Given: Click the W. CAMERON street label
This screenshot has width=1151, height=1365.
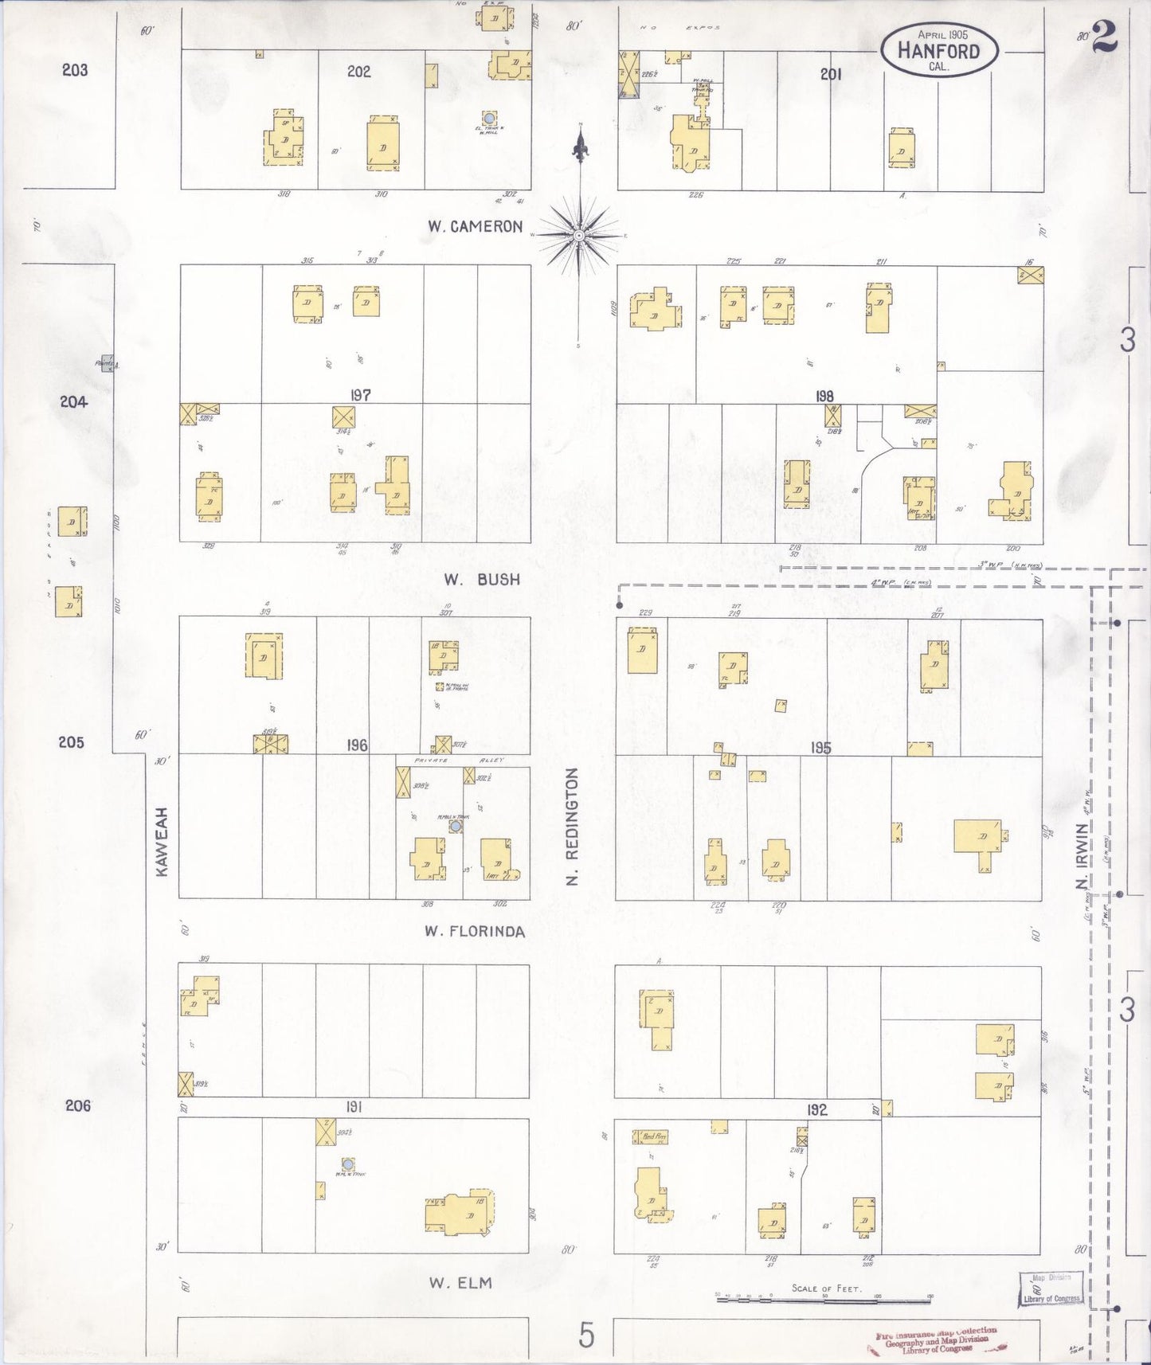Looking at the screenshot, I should point(475,226).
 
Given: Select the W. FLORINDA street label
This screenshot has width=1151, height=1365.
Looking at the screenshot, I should point(475,931).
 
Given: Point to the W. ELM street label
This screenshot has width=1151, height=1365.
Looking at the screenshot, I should point(460,1282).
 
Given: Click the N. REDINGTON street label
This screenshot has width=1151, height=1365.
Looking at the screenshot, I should point(571,826).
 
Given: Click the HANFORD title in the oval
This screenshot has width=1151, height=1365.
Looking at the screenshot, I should point(938,51).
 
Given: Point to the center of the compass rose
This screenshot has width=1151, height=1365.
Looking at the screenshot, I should point(580,235).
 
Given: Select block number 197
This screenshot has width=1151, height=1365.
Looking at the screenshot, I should point(360,394).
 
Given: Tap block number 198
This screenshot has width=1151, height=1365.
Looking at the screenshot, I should point(824,396).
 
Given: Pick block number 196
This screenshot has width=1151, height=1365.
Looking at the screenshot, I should point(357,745).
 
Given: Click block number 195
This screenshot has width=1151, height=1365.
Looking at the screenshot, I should point(820,747).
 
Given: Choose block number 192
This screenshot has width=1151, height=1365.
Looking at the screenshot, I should point(816,1109).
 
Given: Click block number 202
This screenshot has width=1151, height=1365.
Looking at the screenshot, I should point(358,72).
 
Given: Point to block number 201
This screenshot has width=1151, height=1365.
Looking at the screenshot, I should point(831,74).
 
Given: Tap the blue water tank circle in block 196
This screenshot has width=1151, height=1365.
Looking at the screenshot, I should point(455,827).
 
